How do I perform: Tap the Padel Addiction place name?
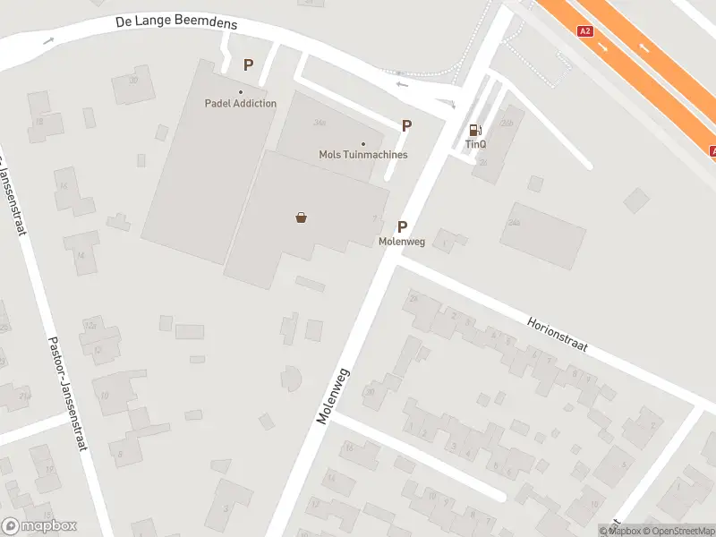(x=240, y=103)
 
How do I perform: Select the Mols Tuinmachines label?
(x=362, y=155)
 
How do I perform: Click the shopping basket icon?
(x=302, y=217)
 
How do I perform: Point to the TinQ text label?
(x=475, y=144)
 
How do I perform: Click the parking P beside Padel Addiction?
(x=248, y=64)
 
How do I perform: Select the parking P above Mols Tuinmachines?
(x=406, y=126)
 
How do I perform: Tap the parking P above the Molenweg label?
(x=403, y=227)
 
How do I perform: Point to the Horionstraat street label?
(x=557, y=334)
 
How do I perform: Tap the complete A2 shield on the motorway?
(x=585, y=31)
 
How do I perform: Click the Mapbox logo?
(x=39, y=526)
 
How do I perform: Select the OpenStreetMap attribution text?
(x=678, y=531)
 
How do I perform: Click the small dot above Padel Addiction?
(x=240, y=92)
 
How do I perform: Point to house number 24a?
(x=514, y=222)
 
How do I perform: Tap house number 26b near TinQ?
(x=507, y=124)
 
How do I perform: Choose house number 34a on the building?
(x=320, y=122)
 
